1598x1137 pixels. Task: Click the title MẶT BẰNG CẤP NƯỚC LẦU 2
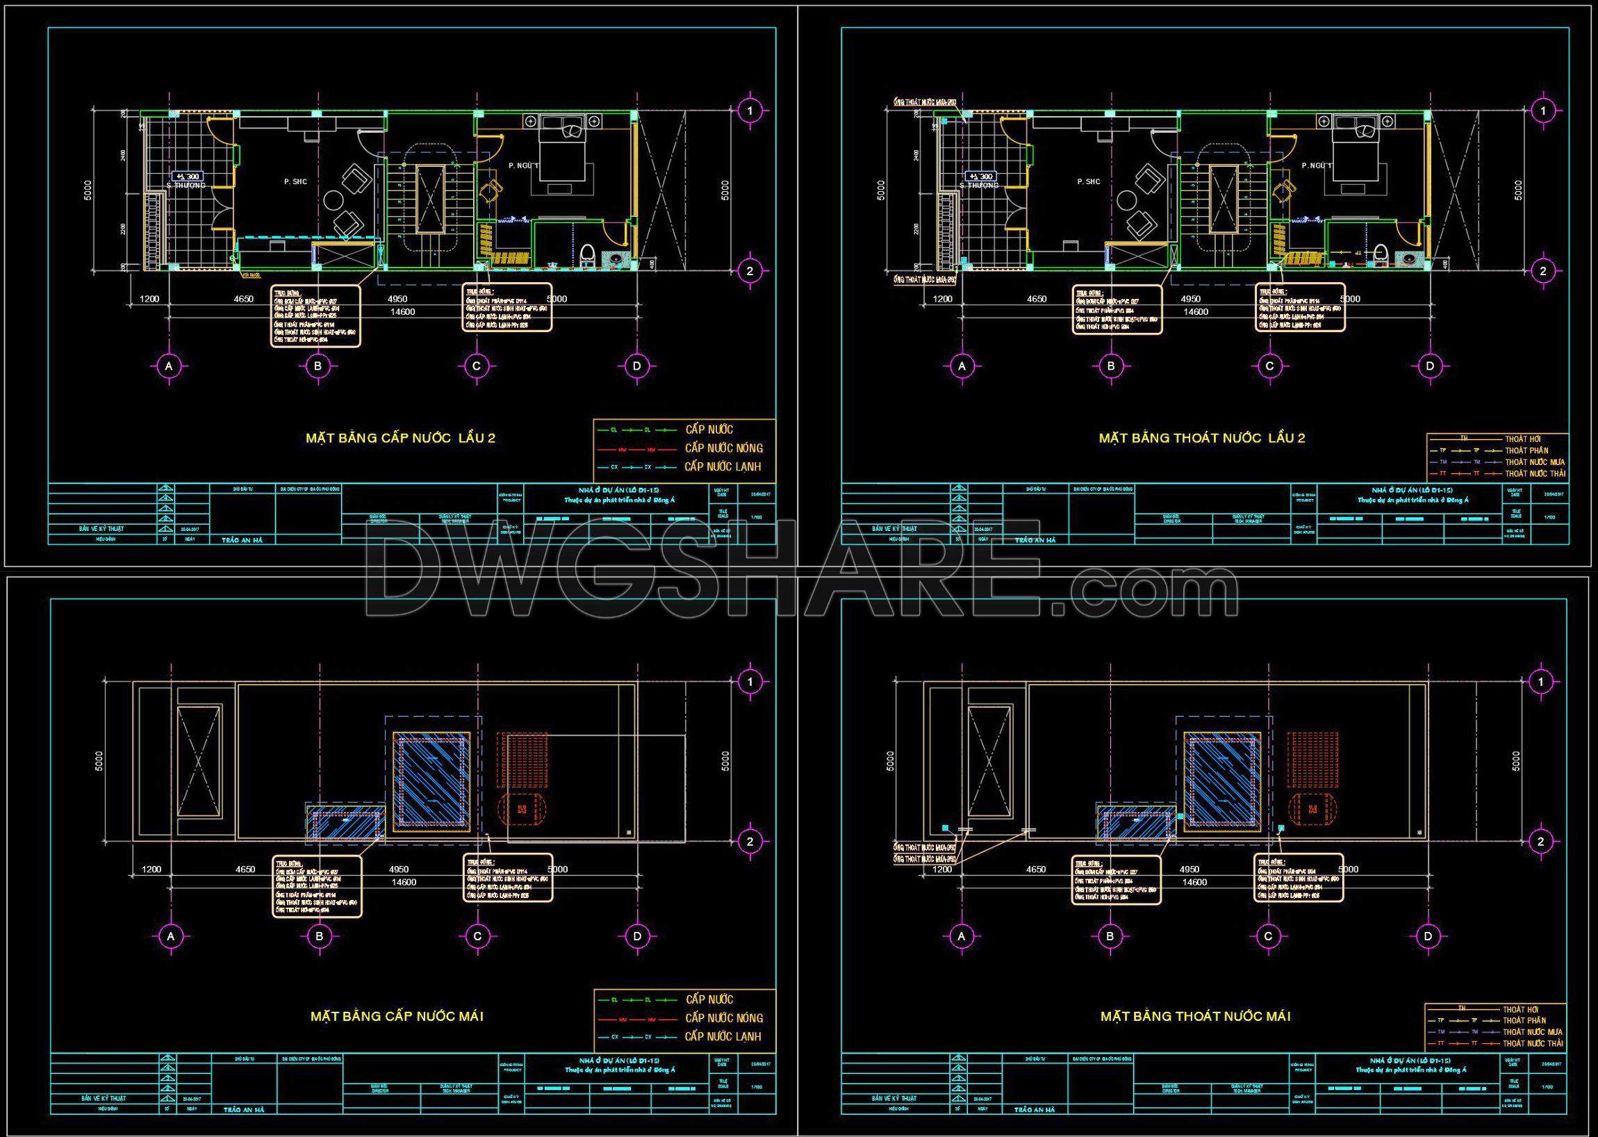400,439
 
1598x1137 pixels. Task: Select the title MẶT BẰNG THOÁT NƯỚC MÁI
1196,1016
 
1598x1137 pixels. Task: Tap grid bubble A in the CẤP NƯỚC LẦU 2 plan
168,366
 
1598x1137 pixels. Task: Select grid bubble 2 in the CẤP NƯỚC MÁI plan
750,842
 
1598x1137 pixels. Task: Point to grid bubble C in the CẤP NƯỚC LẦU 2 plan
477,366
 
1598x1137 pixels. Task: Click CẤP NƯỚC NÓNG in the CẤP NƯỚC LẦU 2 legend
724,448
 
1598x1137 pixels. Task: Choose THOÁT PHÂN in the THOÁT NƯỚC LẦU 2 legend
1526,450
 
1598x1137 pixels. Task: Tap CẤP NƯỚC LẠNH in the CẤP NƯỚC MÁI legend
723,1036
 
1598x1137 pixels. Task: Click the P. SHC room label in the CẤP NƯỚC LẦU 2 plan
295,182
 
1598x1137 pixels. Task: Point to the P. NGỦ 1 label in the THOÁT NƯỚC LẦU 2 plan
1317,166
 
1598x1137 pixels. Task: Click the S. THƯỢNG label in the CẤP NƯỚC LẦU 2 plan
186,186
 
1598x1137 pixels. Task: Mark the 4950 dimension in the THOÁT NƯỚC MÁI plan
1190,869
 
